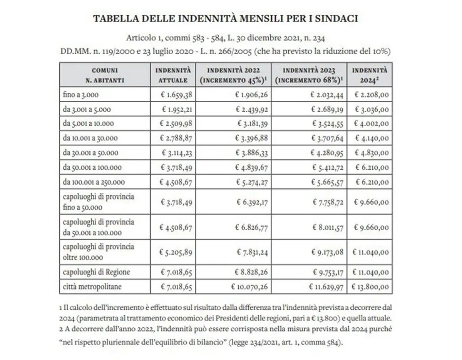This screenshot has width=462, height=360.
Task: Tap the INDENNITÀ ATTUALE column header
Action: coord(173,75)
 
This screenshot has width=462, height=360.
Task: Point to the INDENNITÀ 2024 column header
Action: coord(370,75)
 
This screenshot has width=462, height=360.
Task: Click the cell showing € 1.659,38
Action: coord(177,95)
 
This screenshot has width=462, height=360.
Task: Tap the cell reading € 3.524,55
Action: coord(327,124)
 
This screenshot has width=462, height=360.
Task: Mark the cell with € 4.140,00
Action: coord(372,138)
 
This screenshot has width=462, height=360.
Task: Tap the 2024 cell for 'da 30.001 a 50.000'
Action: coord(372,153)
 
